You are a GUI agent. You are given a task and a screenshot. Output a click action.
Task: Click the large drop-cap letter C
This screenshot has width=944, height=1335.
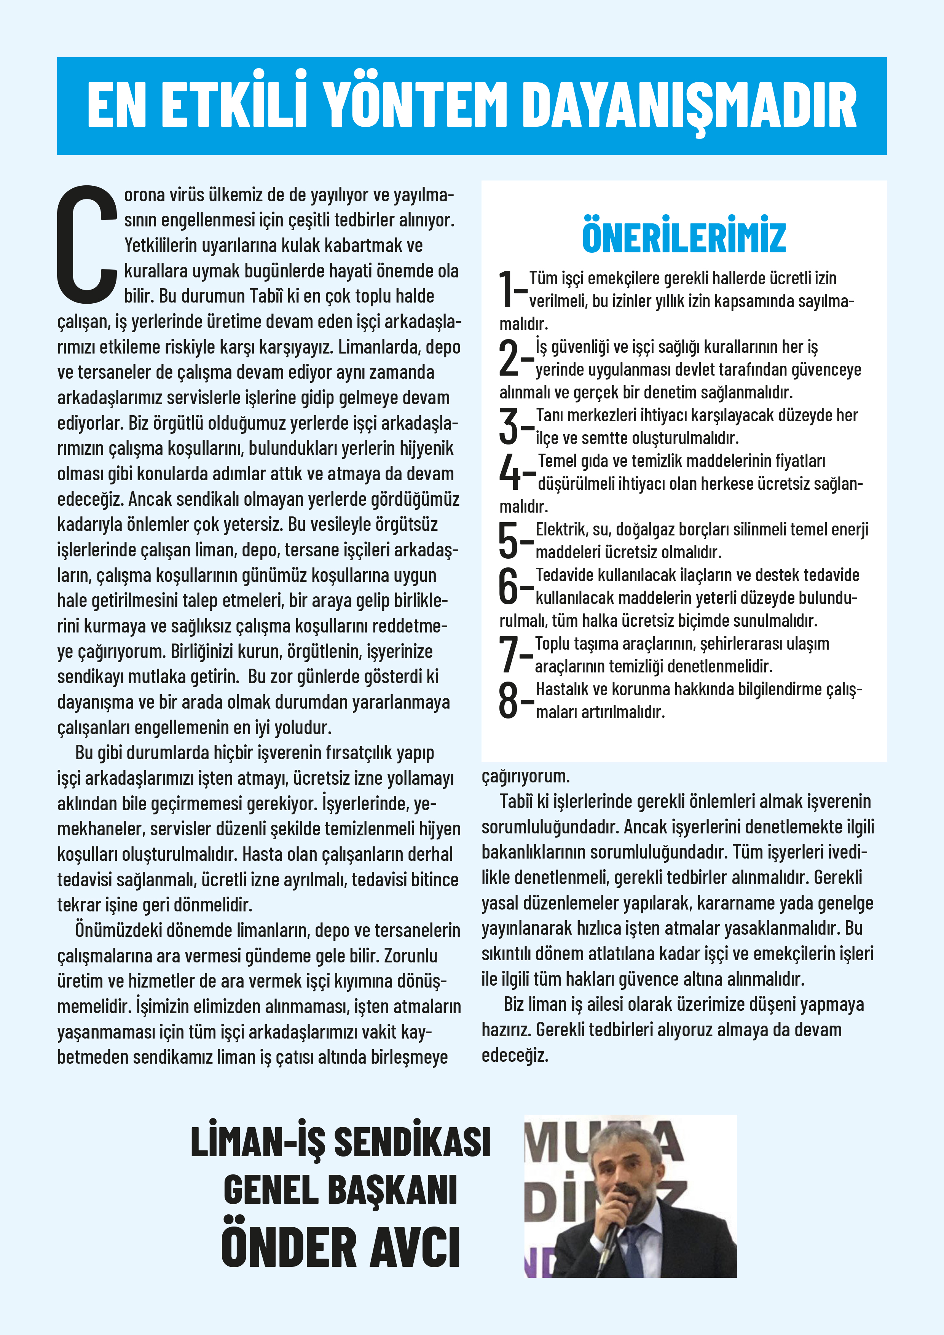point(87,244)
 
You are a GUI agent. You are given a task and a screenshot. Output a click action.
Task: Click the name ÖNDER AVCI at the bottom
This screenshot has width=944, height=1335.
point(341,1247)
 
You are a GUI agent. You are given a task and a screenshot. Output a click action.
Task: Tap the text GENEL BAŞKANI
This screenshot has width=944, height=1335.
point(340,1190)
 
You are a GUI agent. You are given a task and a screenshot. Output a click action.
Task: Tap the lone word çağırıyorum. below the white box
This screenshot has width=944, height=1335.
point(526,776)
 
